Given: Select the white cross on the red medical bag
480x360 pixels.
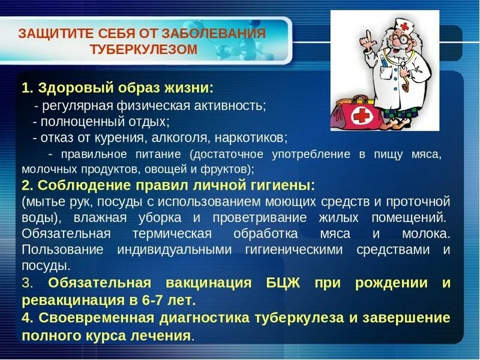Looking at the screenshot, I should coord(360,116).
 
